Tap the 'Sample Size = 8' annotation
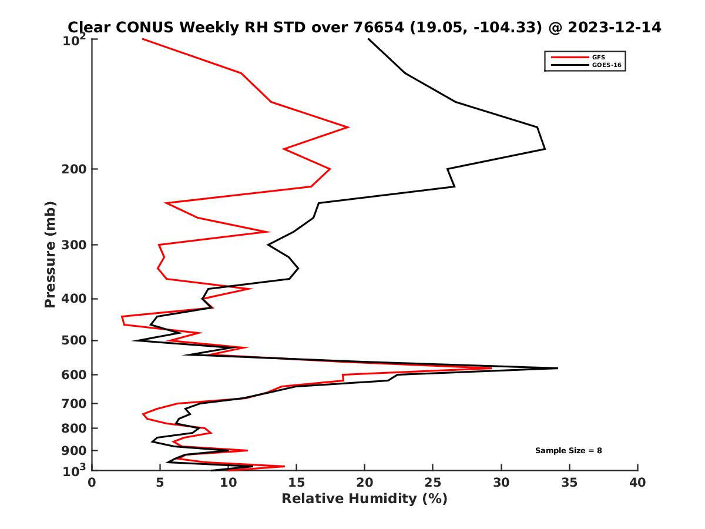tap(568, 451)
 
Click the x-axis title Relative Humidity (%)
tap(364, 499)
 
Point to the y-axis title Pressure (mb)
tap(50, 254)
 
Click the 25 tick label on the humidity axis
tap(433, 483)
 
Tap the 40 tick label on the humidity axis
tap(637, 483)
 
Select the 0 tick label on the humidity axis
tap(92, 483)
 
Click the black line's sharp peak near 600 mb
tap(557, 368)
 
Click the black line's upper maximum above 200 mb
tap(545, 149)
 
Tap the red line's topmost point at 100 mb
tap(143, 39)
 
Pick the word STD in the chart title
tap(288, 27)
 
